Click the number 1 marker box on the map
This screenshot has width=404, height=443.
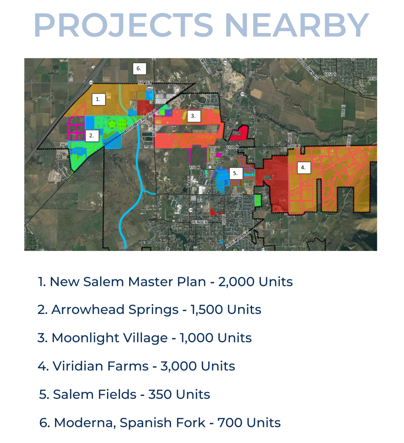coord(98,99)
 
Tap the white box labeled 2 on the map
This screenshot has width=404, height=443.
coord(92,136)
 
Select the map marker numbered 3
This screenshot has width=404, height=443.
coord(193,116)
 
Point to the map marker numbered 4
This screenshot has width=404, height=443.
coord(303,167)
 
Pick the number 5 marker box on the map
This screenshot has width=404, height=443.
coord(236,173)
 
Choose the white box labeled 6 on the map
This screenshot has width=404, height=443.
coord(139,69)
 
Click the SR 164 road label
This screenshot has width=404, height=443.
coord(144,83)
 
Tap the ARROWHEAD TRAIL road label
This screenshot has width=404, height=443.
coord(140,121)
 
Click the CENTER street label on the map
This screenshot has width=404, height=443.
coord(199,222)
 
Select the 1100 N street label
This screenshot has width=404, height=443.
coord(232,147)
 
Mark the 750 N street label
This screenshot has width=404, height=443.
coord(195,167)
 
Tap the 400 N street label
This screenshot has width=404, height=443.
coord(236,195)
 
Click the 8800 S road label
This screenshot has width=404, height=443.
coord(294,146)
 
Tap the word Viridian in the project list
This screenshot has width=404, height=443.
coord(100,366)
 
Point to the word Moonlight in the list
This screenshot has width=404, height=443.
coord(110,338)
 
